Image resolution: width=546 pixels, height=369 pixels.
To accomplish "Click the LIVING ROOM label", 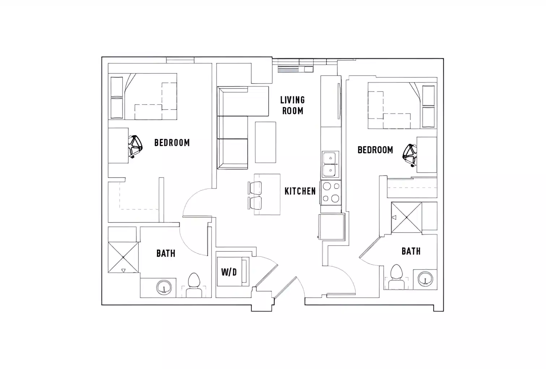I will tap(293, 105).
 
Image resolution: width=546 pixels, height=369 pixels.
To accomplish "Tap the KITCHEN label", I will tap(300, 191).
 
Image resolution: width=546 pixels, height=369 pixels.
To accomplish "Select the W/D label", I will tap(229, 272).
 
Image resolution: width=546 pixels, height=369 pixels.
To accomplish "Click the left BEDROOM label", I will tap(172, 143).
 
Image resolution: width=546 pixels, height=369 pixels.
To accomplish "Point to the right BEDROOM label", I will tap(375, 150).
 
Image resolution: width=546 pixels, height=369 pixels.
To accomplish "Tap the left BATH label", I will tap(166, 253).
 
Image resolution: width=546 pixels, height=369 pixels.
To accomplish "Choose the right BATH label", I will tap(411, 251).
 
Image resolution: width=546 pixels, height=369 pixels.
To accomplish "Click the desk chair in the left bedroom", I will tap(135, 146).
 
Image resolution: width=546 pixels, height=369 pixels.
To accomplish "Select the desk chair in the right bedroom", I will tap(410, 154).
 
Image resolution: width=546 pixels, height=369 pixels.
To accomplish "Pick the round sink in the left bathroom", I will tap(164, 288).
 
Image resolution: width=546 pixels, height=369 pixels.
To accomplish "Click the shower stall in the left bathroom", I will tap(123, 257).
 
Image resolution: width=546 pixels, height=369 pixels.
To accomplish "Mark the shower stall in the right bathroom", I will tap(406, 217).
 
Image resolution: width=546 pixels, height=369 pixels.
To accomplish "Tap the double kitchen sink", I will tap(329, 164).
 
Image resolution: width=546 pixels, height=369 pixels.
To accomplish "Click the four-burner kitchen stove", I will tap(331, 192).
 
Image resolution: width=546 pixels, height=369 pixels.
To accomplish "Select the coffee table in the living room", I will tap(265, 142).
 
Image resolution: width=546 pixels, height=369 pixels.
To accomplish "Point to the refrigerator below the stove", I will tap(331, 226).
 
